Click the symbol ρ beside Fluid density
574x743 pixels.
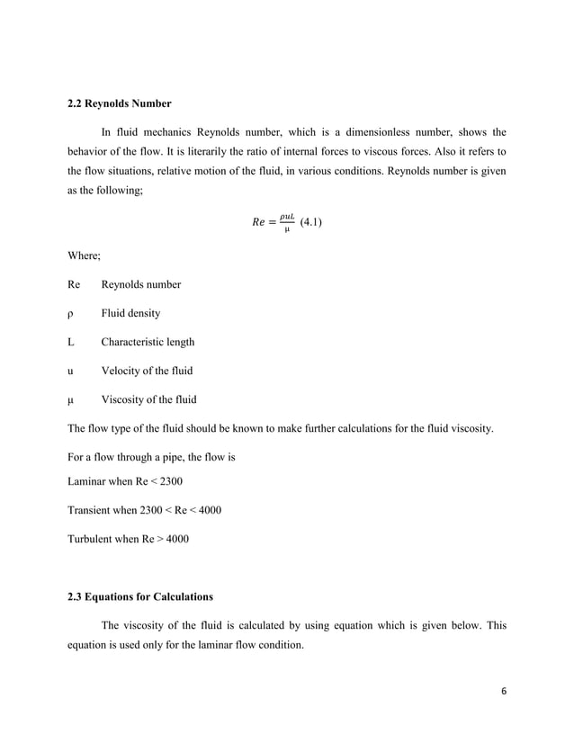click(71, 314)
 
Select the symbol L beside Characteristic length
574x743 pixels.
click(71, 343)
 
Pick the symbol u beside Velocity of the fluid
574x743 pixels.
click(71, 371)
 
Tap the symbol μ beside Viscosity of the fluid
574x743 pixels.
click(71, 400)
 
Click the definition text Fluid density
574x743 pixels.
click(130, 314)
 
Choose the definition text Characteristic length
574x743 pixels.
click(147, 343)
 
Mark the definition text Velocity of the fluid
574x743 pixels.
click(146, 371)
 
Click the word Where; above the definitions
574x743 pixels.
click(85, 256)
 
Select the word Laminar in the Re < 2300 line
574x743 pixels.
click(90, 481)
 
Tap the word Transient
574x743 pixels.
click(92, 510)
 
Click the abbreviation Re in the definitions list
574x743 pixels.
click(74, 285)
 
